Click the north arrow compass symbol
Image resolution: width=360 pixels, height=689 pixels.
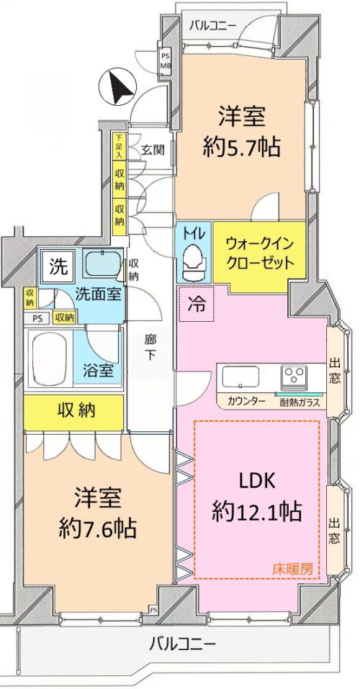[117, 87]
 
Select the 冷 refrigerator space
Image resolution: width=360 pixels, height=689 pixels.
[197, 304]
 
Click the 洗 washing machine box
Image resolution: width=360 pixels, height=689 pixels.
[58, 268]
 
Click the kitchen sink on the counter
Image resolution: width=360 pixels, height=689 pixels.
[240, 377]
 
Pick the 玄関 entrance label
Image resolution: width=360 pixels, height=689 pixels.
[153, 150]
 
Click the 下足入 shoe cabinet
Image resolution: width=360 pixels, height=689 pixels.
[118, 147]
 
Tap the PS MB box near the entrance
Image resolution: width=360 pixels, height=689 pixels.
[165, 61]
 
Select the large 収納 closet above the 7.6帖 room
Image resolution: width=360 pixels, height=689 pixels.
[73, 412]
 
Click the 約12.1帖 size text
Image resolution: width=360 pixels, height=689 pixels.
[257, 513]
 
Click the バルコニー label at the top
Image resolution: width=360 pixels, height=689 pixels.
[212, 25]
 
